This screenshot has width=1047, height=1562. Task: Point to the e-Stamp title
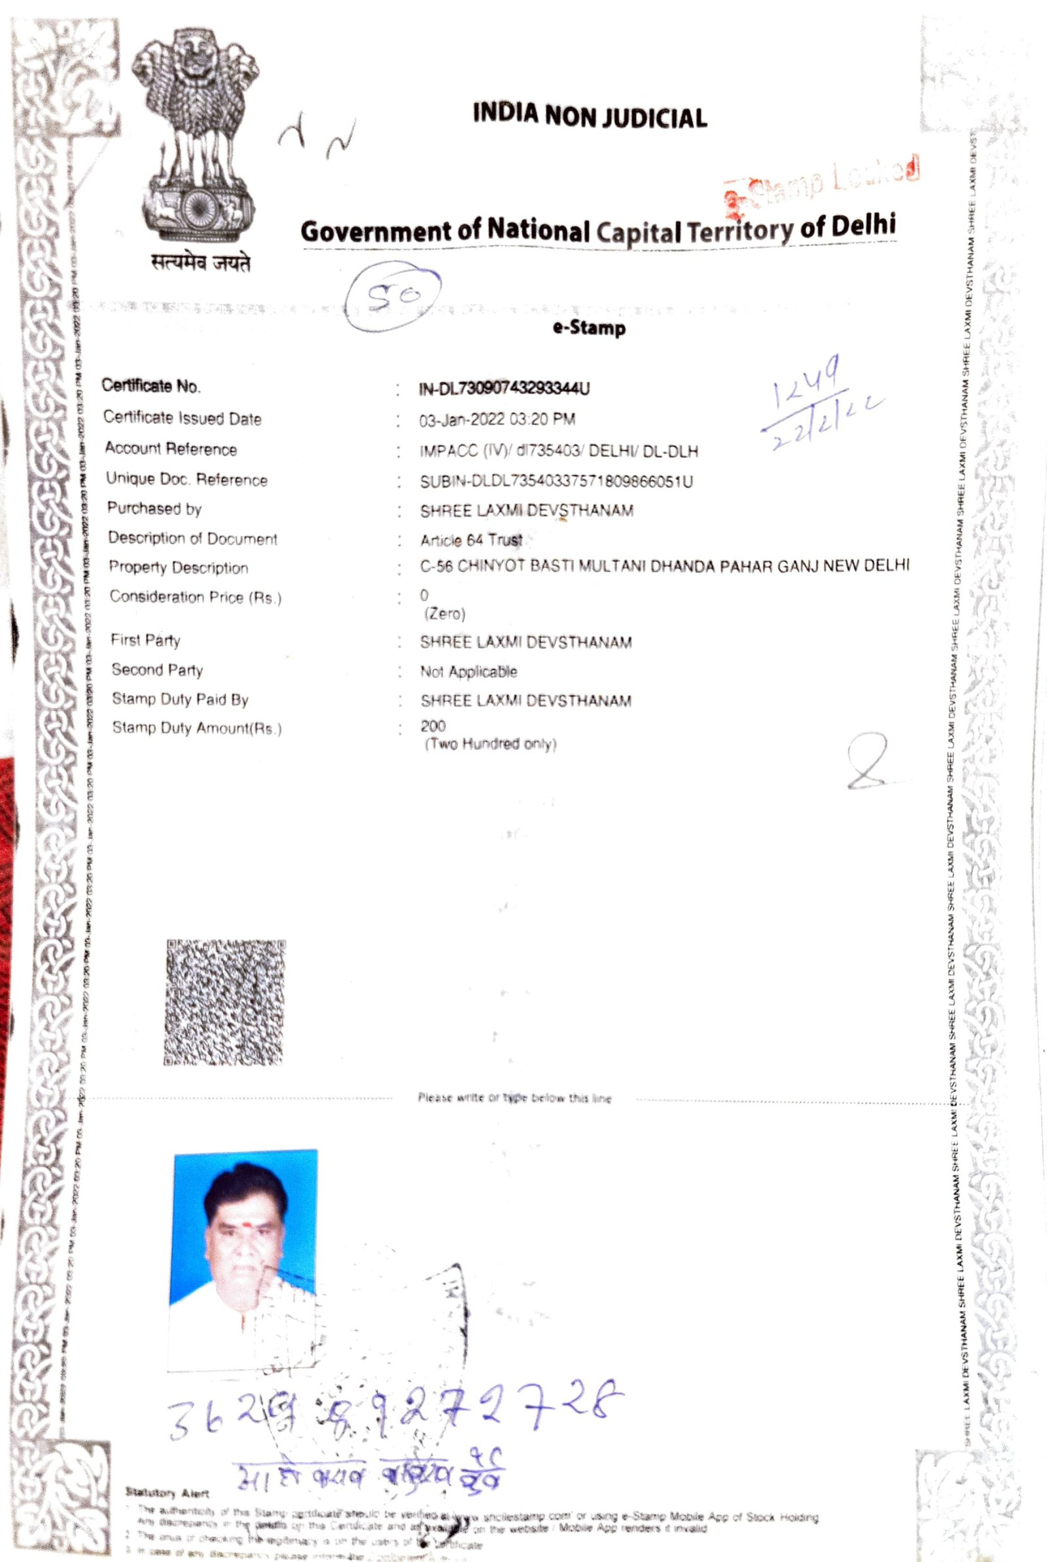(x=589, y=328)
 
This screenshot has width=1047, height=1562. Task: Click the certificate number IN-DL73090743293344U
(x=504, y=389)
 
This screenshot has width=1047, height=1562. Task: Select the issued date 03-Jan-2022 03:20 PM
(x=497, y=419)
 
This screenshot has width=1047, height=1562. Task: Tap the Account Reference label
(x=171, y=448)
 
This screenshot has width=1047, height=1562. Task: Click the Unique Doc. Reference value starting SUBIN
(x=556, y=480)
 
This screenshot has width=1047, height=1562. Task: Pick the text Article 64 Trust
(x=470, y=539)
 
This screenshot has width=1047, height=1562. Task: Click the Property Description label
(x=178, y=567)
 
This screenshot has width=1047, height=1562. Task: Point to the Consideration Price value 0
(x=425, y=594)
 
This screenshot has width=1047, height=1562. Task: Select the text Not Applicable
(x=468, y=671)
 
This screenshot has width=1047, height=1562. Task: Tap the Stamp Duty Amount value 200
(x=433, y=726)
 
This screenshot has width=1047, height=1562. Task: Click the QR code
(x=225, y=1002)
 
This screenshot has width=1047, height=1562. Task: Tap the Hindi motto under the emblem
(x=201, y=264)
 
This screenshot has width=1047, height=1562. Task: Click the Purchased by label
(x=154, y=508)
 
